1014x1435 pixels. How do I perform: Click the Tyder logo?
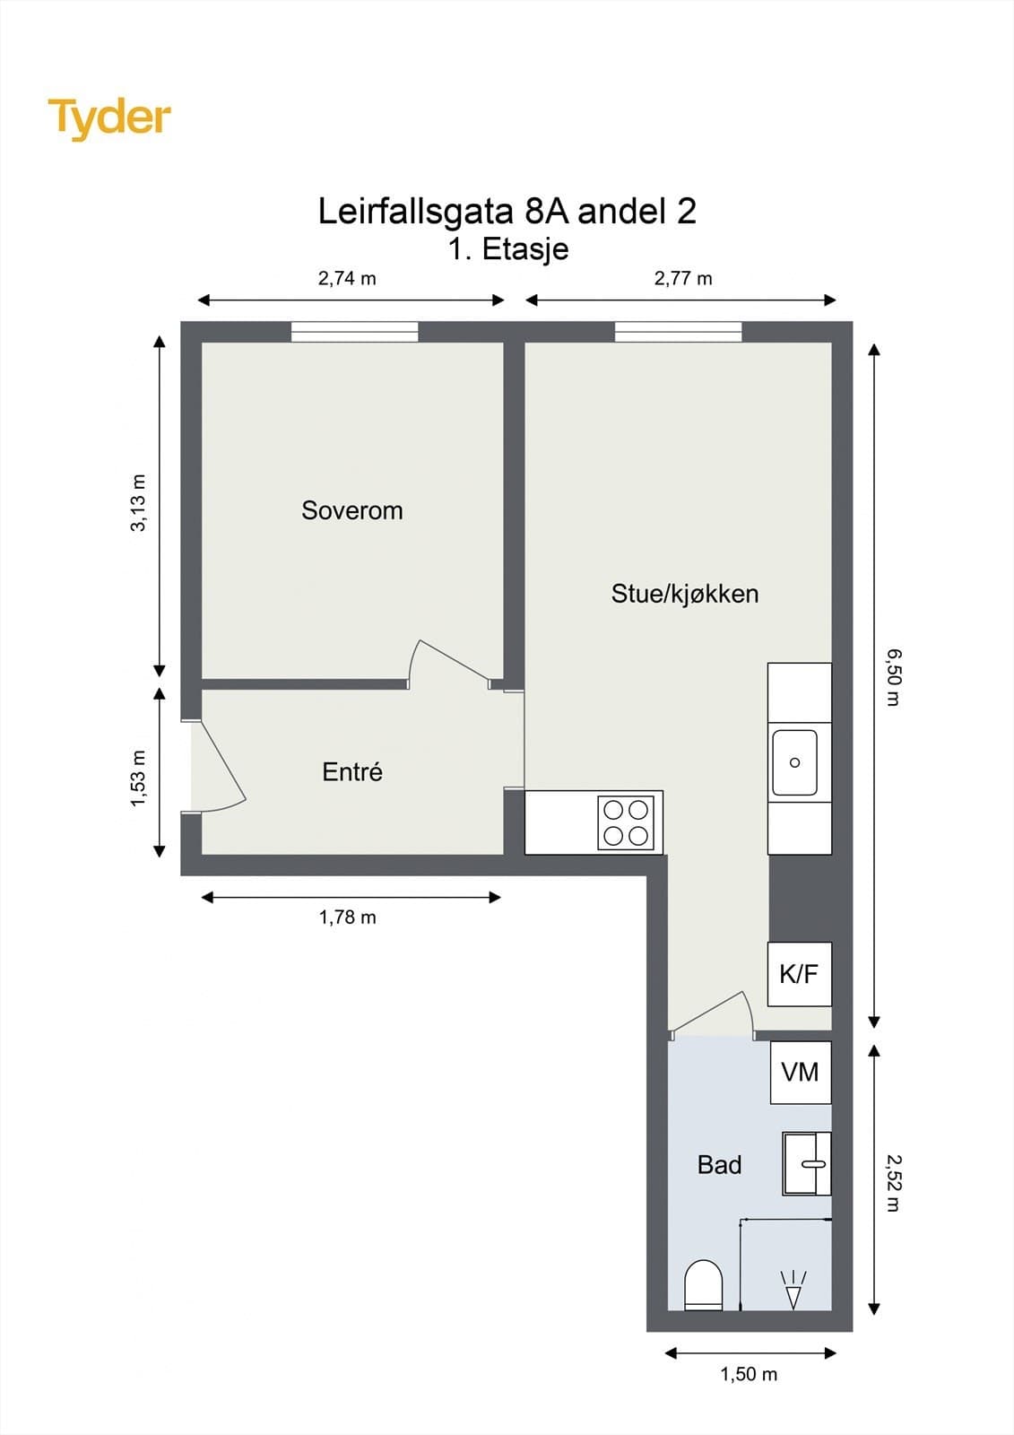(x=109, y=118)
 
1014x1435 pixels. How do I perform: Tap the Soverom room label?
(x=351, y=510)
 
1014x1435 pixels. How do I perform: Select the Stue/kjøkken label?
(x=684, y=594)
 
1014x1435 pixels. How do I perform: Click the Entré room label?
(x=351, y=772)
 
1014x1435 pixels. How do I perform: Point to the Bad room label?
(x=719, y=1165)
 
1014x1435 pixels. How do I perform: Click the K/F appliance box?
(x=799, y=974)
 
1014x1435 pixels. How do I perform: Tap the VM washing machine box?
(x=800, y=1072)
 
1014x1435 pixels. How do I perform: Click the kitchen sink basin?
(x=794, y=762)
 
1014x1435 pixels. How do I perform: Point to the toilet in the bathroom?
(x=703, y=1284)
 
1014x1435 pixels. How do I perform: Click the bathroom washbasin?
(x=806, y=1163)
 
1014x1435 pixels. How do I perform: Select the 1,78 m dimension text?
(x=347, y=918)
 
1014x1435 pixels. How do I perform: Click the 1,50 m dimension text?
(x=749, y=1374)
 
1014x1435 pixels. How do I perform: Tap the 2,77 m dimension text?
(x=682, y=278)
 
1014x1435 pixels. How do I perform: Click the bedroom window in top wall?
(x=354, y=332)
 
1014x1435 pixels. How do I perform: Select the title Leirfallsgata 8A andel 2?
(x=507, y=212)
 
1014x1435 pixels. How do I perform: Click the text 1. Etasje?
(x=507, y=248)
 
